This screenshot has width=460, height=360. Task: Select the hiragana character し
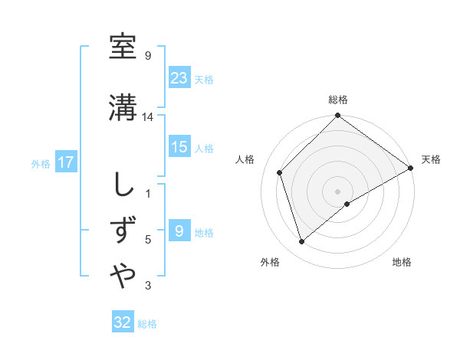coord(123,185)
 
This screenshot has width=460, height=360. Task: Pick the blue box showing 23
coord(179,77)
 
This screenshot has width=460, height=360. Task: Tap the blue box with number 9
coord(179,231)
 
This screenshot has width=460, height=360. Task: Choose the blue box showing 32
coord(123,322)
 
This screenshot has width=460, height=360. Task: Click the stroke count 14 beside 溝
coord(148,117)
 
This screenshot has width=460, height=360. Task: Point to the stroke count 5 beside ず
coord(148,240)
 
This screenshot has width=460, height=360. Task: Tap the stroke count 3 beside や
coord(148,286)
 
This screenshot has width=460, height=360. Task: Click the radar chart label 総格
coord(338,100)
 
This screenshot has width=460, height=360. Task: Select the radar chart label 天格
coord(431,159)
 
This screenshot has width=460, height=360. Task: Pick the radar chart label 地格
coord(402,262)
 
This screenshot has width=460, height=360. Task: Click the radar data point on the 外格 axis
coord(302,242)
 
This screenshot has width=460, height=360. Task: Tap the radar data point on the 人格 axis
coord(280,172)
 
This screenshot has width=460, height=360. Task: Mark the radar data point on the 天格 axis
coord(411,168)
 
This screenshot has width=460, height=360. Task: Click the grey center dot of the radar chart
coord(337,191)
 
